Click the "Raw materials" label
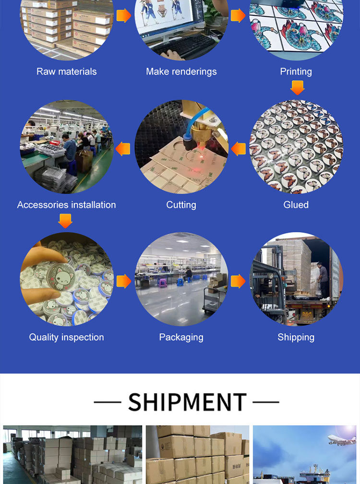click(67, 72)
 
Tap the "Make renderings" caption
click(181, 72)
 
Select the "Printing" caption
click(296, 72)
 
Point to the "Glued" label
click(296, 205)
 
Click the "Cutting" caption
click(181, 205)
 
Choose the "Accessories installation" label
click(66, 205)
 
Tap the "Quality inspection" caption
click(66, 337)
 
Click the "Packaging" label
click(181, 337)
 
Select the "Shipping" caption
click(296, 337)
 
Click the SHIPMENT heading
click(187, 402)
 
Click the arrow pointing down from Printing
click(298, 88)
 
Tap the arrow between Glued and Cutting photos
click(239, 149)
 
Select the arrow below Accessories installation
click(65, 221)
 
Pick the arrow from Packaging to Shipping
click(238, 281)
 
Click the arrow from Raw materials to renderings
click(124, 15)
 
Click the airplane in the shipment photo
click(341, 439)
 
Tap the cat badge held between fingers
click(61, 277)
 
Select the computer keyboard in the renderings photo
click(185, 46)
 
